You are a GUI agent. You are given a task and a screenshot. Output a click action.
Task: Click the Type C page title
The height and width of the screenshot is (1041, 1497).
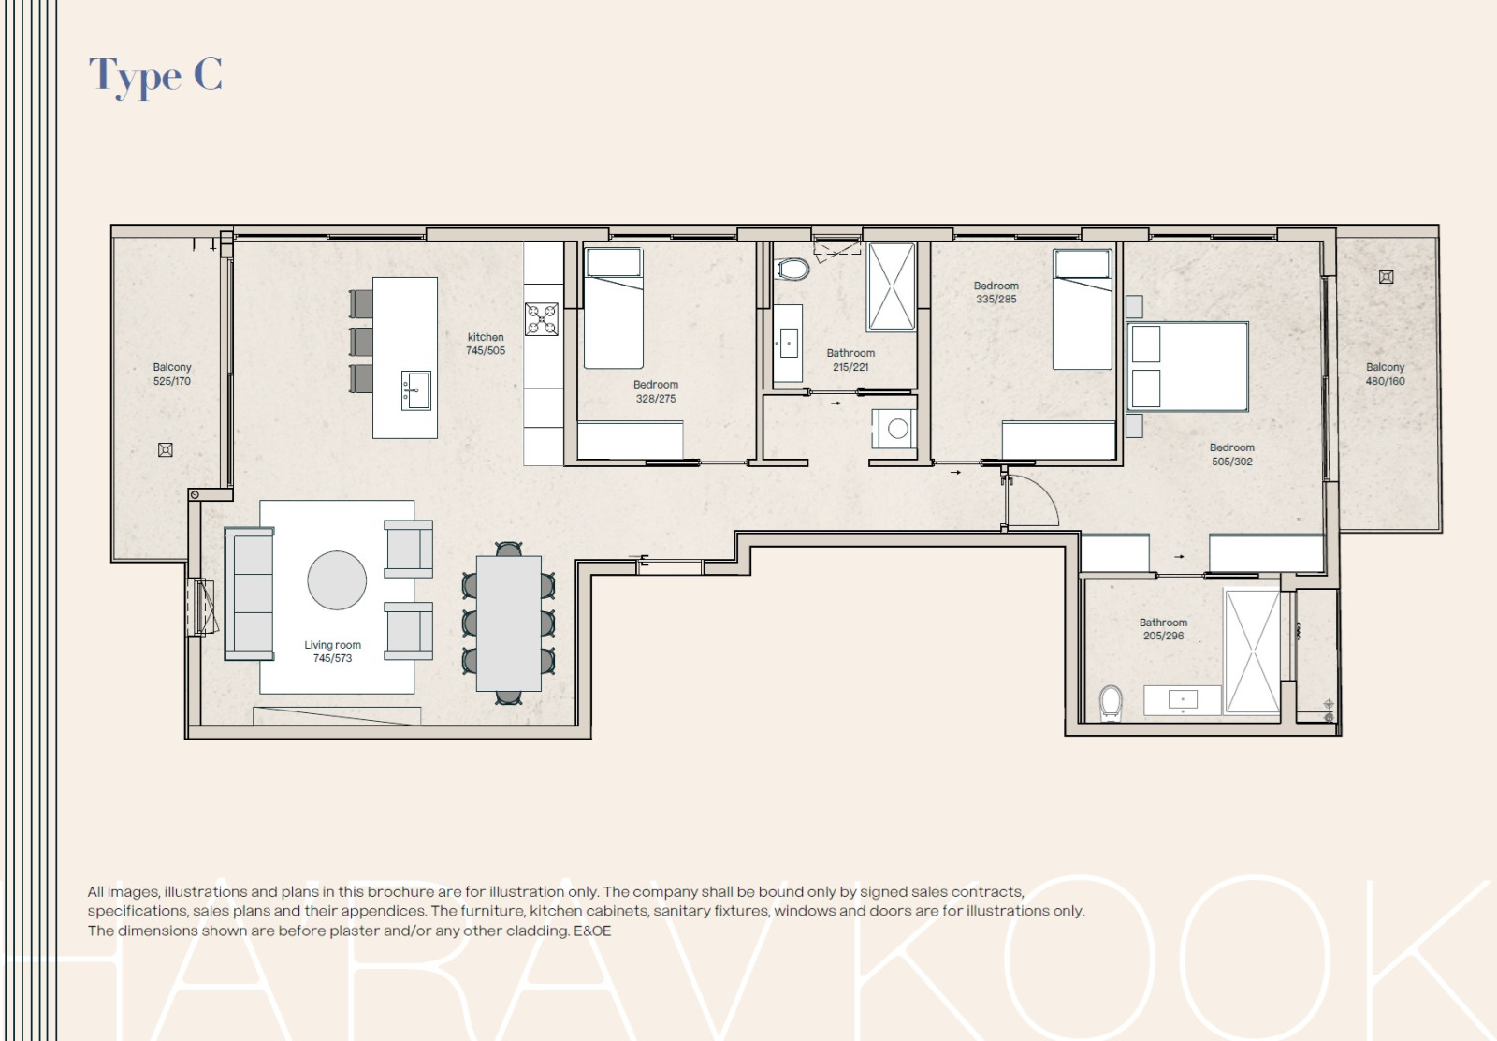pos(155,75)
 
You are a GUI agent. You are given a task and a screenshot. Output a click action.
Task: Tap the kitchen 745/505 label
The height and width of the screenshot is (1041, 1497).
pos(486,344)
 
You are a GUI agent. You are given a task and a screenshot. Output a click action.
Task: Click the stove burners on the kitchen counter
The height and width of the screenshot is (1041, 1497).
pos(541,319)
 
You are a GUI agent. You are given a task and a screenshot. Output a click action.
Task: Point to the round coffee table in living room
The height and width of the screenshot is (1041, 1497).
pos(337,580)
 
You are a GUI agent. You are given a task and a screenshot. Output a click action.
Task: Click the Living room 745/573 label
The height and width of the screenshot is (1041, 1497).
pos(332,652)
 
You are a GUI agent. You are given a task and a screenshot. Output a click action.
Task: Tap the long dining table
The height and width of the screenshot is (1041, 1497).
pos(508,623)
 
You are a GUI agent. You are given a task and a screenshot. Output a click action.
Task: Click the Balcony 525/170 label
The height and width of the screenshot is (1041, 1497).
pos(172,374)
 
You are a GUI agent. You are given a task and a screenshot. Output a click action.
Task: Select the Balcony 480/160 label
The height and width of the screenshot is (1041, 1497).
pos(1385,374)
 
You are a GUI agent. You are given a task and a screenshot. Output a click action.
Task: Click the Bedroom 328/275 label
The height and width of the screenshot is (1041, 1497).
pos(656,391)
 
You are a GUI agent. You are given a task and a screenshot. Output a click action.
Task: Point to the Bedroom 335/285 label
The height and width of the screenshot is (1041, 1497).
pos(996,292)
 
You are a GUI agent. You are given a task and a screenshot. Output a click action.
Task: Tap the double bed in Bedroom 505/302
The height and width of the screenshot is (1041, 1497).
pos(1188,367)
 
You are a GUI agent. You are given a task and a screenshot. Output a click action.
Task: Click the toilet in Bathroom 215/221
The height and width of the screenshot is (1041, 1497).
pos(793,270)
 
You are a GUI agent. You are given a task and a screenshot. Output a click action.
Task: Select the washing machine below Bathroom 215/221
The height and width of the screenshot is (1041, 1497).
pos(895,429)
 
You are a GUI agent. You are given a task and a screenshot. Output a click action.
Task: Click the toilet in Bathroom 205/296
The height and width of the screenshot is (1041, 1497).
pos(1111,701)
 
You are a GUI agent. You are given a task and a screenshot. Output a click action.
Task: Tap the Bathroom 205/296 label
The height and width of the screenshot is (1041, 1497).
pos(1163,629)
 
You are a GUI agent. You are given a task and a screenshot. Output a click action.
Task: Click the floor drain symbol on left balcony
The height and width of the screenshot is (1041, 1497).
pos(166,450)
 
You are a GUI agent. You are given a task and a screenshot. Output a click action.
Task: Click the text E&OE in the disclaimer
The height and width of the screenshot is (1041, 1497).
pos(592,931)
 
